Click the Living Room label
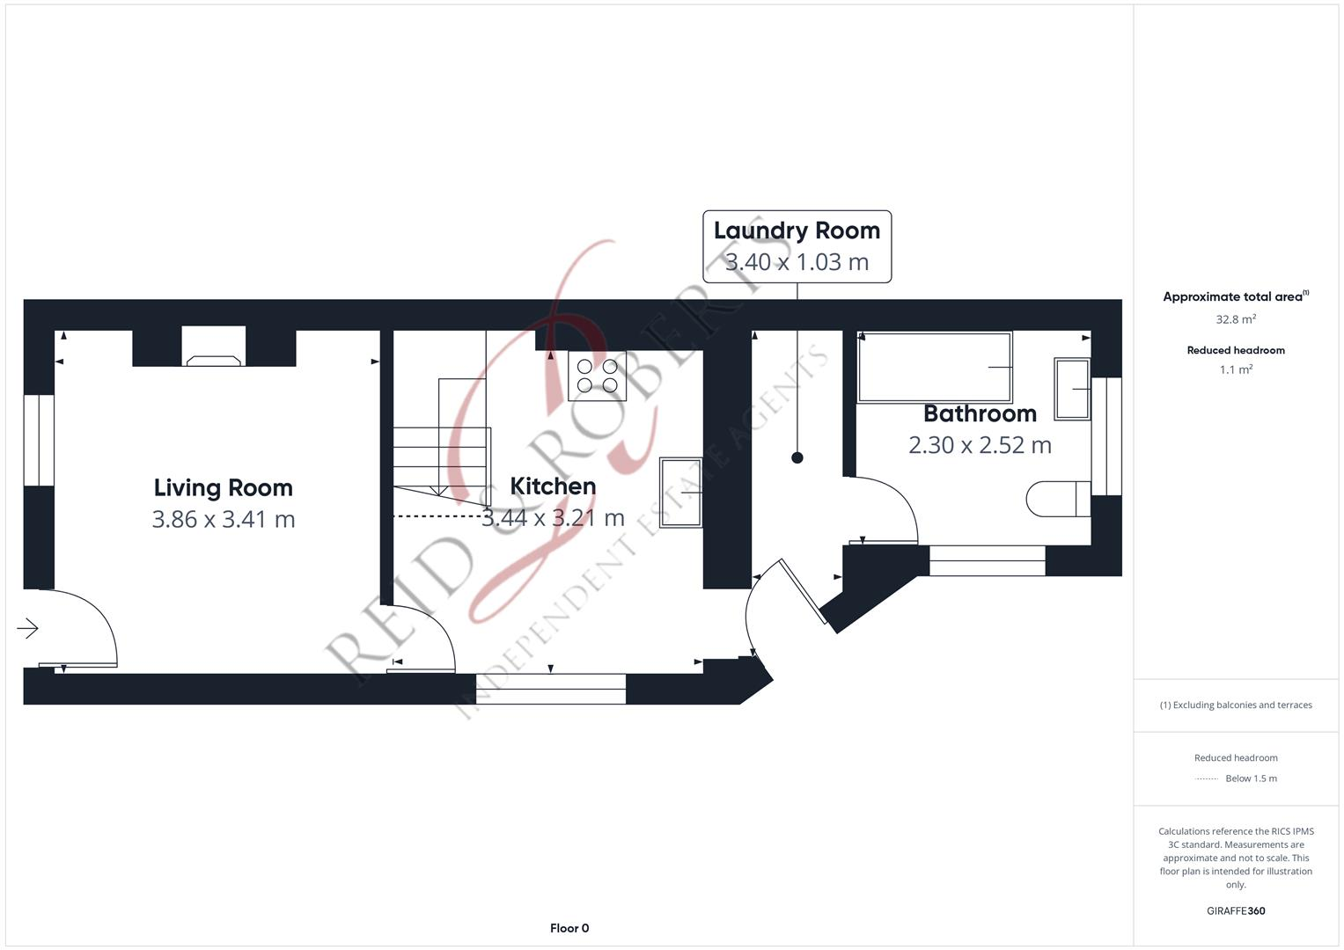(x=223, y=488)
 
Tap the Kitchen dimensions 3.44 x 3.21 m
(x=553, y=518)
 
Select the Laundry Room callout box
(x=797, y=246)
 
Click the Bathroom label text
(x=980, y=413)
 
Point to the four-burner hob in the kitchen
(x=597, y=376)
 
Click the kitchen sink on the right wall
(x=680, y=493)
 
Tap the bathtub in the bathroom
(x=935, y=367)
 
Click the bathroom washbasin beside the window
(x=1072, y=388)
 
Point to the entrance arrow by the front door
(x=27, y=628)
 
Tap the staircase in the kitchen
(x=440, y=449)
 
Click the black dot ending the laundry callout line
(x=797, y=457)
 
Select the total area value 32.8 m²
(x=1236, y=319)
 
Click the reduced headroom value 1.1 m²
(x=1236, y=370)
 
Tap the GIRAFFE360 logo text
(x=1236, y=911)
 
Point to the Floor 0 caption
(x=569, y=928)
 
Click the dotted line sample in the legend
(x=1207, y=778)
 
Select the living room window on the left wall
(x=39, y=440)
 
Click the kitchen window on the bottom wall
(x=551, y=689)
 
